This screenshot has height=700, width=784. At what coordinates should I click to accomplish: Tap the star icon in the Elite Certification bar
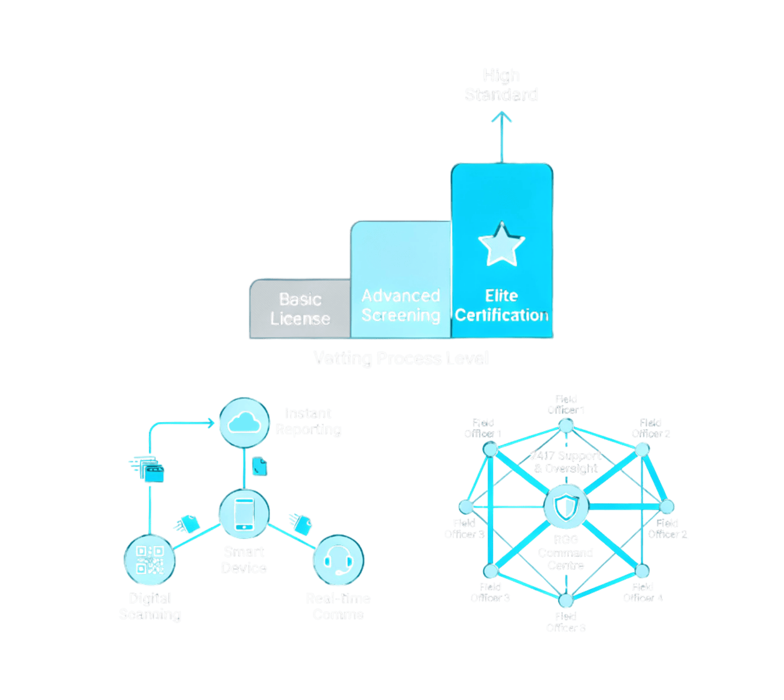click(x=501, y=244)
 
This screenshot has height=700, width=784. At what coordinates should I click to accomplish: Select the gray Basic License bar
click(x=299, y=309)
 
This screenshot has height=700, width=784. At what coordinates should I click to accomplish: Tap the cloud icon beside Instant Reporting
click(x=244, y=423)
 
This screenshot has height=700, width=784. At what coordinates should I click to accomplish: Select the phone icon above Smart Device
click(x=244, y=513)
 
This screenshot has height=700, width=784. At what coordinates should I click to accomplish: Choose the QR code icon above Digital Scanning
click(x=150, y=560)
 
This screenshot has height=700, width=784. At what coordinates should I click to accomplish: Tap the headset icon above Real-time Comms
click(x=338, y=560)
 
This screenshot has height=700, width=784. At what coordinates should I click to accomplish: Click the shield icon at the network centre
click(x=566, y=507)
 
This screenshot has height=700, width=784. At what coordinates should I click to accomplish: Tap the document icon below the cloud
click(x=259, y=466)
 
